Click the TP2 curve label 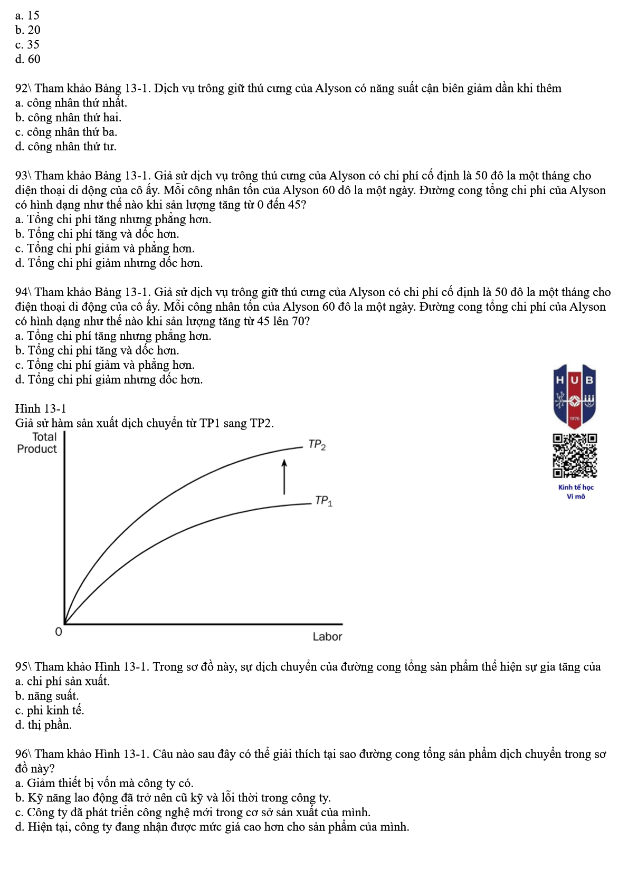(317, 445)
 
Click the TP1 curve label (323, 501)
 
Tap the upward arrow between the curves (284, 476)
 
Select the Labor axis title (327, 636)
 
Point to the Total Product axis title (37, 443)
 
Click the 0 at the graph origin (59, 632)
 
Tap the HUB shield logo (575, 395)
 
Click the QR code (575, 455)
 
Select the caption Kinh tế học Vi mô (576, 492)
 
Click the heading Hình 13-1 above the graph (41, 408)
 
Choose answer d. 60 (28, 59)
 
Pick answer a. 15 (27, 15)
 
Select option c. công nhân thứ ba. (66, 132)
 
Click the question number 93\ (23, 176)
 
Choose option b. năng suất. (47, 695)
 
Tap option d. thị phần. (43, 725)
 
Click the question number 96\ (23, 754)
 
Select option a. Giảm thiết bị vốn (104, 783)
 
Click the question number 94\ (23, 292)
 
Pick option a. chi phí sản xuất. (62, 681)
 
